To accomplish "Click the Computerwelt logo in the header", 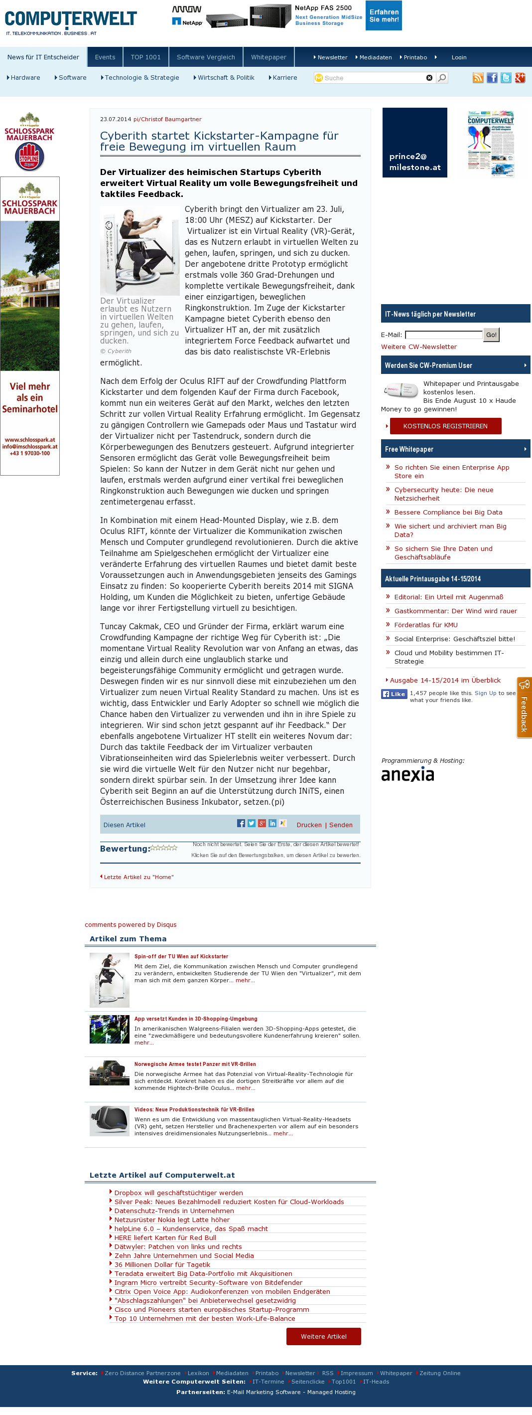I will click(x=70, y=21).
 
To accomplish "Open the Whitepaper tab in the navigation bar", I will click(x=268, y=57).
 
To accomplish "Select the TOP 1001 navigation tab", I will click(x=145, y=57).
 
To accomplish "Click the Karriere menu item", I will click(x=284, y=78).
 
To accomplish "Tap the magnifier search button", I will click(x=442, y=78).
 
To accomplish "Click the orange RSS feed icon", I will click(x=478, y=78).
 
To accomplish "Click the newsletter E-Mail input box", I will click(x=444, y=335).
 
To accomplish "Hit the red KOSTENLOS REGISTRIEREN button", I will click(x=445, y=426).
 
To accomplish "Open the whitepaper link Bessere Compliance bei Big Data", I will click(x=448, y=513).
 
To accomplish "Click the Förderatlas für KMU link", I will click(x=425, y=625).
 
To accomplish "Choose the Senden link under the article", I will click(x=341, y=825).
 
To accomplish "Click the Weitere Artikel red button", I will click(x=323, y=1336).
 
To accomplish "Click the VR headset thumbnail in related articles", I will click(x=109, y=1120).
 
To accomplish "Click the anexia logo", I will click(x=407, y=774).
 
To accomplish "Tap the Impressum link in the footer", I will click(x=356, y=1373).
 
